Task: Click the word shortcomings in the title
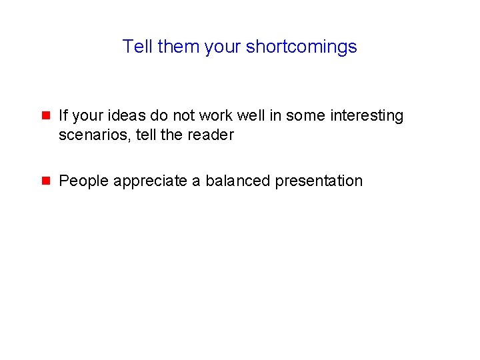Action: point(301,47)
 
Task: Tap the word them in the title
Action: point(178,47)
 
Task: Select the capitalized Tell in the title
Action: point(138,47)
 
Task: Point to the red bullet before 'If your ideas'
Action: point(46,115)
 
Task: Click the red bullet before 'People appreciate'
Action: point(46,181)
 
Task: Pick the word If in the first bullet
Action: point(63,116)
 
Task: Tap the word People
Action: point(84,181)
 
